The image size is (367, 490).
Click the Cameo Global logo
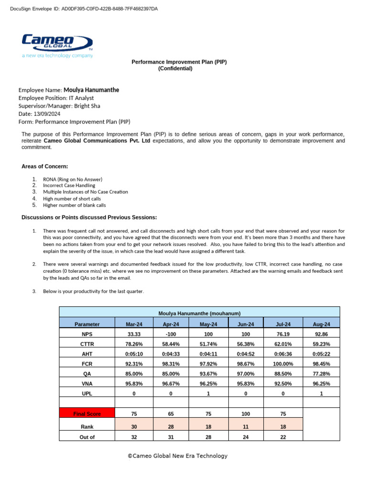[x=57, y=45]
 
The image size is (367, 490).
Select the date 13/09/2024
[x=46, y=114]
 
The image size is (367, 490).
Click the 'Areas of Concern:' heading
[x=44, y=166]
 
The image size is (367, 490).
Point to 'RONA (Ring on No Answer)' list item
[x=73, y=179]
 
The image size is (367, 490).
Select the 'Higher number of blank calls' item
[x=74, y=205]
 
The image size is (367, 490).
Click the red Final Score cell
[x=86, y=413]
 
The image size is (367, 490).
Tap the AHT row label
[x=86, y=354]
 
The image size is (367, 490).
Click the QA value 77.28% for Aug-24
[x=321, y=374]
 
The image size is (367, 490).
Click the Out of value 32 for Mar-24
[x=134, y=436]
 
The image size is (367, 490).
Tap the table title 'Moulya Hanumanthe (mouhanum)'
[x=199, y=313]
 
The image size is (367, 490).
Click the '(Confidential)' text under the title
[x=175, y=68]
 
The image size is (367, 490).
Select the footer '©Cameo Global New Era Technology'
[x=177, y=456]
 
